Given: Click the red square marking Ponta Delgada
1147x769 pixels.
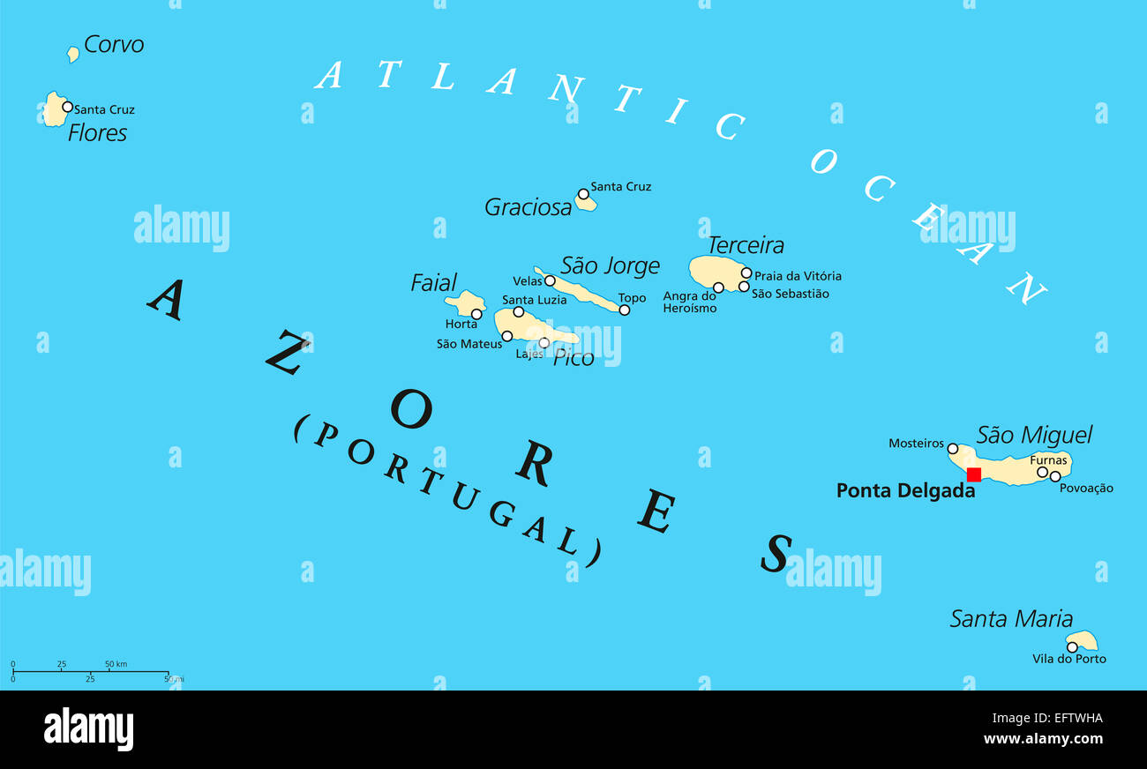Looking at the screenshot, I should [974, 474].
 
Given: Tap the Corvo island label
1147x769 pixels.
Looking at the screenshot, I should [114, 44].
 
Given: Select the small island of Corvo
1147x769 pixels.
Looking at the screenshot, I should [73, 55].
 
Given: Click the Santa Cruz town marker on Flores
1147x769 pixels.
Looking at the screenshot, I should [67, 107].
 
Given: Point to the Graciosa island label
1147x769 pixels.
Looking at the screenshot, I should [528, 207].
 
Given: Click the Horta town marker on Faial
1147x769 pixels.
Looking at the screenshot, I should [476, 314].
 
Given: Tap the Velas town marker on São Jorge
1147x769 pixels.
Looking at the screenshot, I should [550, 281].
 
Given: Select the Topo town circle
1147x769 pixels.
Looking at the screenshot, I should [625, 310].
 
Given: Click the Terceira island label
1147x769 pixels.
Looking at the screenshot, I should [746, 245].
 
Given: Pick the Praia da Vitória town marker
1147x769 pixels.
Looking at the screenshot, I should [746, 273].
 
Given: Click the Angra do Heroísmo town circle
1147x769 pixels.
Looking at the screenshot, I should [718, 287].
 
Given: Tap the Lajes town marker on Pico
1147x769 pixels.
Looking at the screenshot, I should [544, 343].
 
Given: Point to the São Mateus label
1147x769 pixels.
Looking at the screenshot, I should [469, 344].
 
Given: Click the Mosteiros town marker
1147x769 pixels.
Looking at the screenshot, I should [952, 449].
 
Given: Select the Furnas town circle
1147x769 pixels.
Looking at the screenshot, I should [1042, 472].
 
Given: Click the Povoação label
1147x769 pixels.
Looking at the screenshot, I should [1086, 489].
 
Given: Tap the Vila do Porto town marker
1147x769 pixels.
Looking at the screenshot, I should [1072, 646].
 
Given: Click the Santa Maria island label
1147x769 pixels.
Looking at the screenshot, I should [1011, 619].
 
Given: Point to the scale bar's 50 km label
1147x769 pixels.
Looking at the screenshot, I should [116, 663].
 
